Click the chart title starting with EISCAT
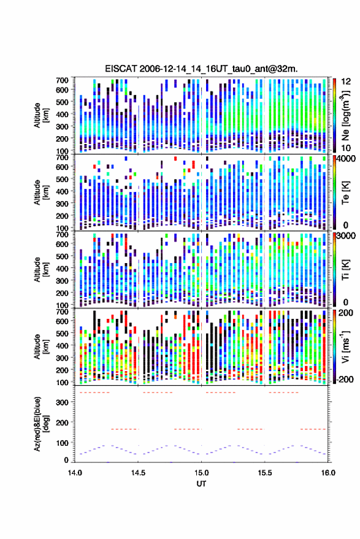201,69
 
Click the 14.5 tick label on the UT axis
138,473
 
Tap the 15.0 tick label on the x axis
201,473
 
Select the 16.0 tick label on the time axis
328,473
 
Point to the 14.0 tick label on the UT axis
75,473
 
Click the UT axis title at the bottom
201,484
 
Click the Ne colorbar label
345,115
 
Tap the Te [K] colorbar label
345,193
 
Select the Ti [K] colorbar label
345,270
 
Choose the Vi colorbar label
345,346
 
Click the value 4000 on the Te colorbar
347,159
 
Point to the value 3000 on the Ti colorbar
347,236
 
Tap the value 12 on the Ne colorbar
346,82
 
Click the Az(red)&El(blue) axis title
40,424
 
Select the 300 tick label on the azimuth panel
62,402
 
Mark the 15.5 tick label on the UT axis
264,473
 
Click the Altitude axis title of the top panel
40,115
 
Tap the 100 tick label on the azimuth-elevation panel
62,443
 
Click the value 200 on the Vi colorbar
345,313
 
